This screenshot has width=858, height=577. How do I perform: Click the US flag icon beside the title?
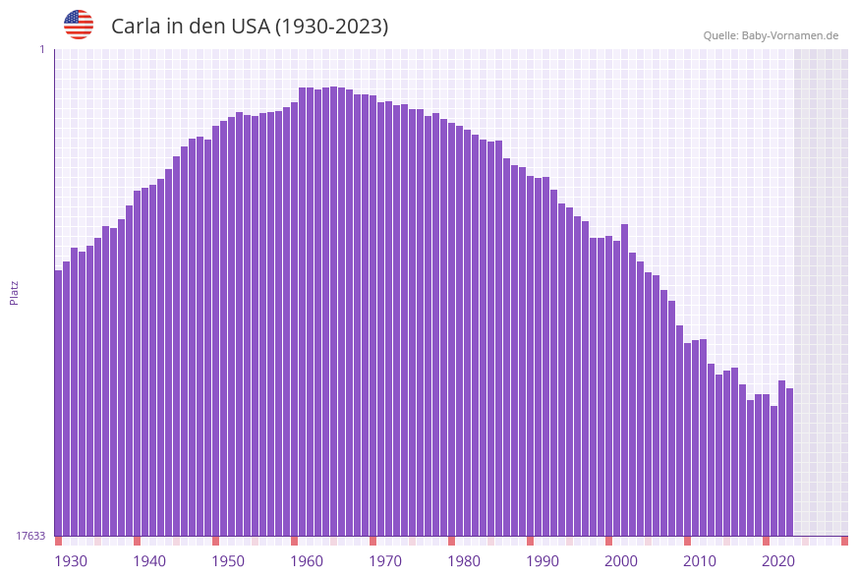click(x=79, y=25)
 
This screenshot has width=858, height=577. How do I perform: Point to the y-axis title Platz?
click(x=14, y=292)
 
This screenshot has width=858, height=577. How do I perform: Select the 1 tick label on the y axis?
click(x=41, y=49)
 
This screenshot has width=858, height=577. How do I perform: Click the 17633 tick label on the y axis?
click(x=30, y=536)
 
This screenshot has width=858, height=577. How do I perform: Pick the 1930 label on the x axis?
click(x=71, y=561)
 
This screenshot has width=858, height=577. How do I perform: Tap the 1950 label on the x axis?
click(x=228, y=561)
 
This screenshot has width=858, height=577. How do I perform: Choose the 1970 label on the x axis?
click(x=385, y=561)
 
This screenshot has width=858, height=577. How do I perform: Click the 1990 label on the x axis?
click(x=543, y=561)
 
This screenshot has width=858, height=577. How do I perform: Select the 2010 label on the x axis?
click(x=700, y=561)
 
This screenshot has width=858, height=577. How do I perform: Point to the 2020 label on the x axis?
click(x=778, y=561)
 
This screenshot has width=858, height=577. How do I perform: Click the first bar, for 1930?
click(x=59, y=403)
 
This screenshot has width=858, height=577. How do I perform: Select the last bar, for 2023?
click(x=789, y=462)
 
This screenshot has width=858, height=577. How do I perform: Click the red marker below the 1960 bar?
click(x=294, y=541)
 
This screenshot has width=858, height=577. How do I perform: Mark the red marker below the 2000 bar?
click(x=608, y=541)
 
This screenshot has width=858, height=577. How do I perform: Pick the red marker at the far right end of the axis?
click(x=844, y=541)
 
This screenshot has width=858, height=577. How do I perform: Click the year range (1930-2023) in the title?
click(x=331, y=27)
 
